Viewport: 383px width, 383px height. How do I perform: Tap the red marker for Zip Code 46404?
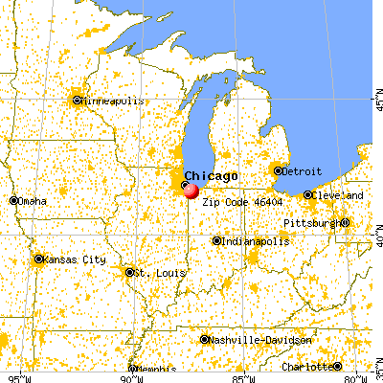[x=191, y=191]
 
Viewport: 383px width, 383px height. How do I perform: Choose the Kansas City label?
[x=73, y=259]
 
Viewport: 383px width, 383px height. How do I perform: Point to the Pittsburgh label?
[x=310, y=223]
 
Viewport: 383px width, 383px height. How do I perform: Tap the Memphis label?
[x=155, y=370]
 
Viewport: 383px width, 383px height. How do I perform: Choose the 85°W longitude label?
[x=244, y=376]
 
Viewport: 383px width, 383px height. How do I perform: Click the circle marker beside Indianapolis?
[x=217, y=241]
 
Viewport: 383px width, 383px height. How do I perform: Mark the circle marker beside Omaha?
[x=14, y=200]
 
